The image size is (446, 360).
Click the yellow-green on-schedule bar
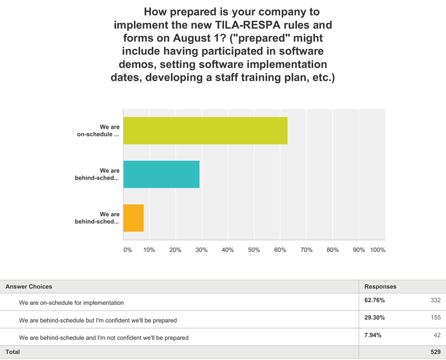(205, 131)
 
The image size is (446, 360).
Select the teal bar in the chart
(161, 174)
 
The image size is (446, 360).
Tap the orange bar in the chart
(133, 218)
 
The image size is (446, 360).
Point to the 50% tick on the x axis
(254, 250)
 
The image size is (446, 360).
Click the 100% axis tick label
(377, 250)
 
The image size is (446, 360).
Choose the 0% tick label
(128, 250)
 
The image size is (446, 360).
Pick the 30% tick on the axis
(201, 250)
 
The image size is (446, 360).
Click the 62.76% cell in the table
(374, 300)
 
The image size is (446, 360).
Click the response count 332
(435, 300)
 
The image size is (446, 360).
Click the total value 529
(435, 353)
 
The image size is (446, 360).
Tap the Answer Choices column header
(28, 286)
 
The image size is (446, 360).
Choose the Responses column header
(380, 286)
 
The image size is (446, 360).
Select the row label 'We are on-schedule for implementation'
(71, 302)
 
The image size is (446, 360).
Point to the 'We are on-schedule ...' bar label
(98, 130)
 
